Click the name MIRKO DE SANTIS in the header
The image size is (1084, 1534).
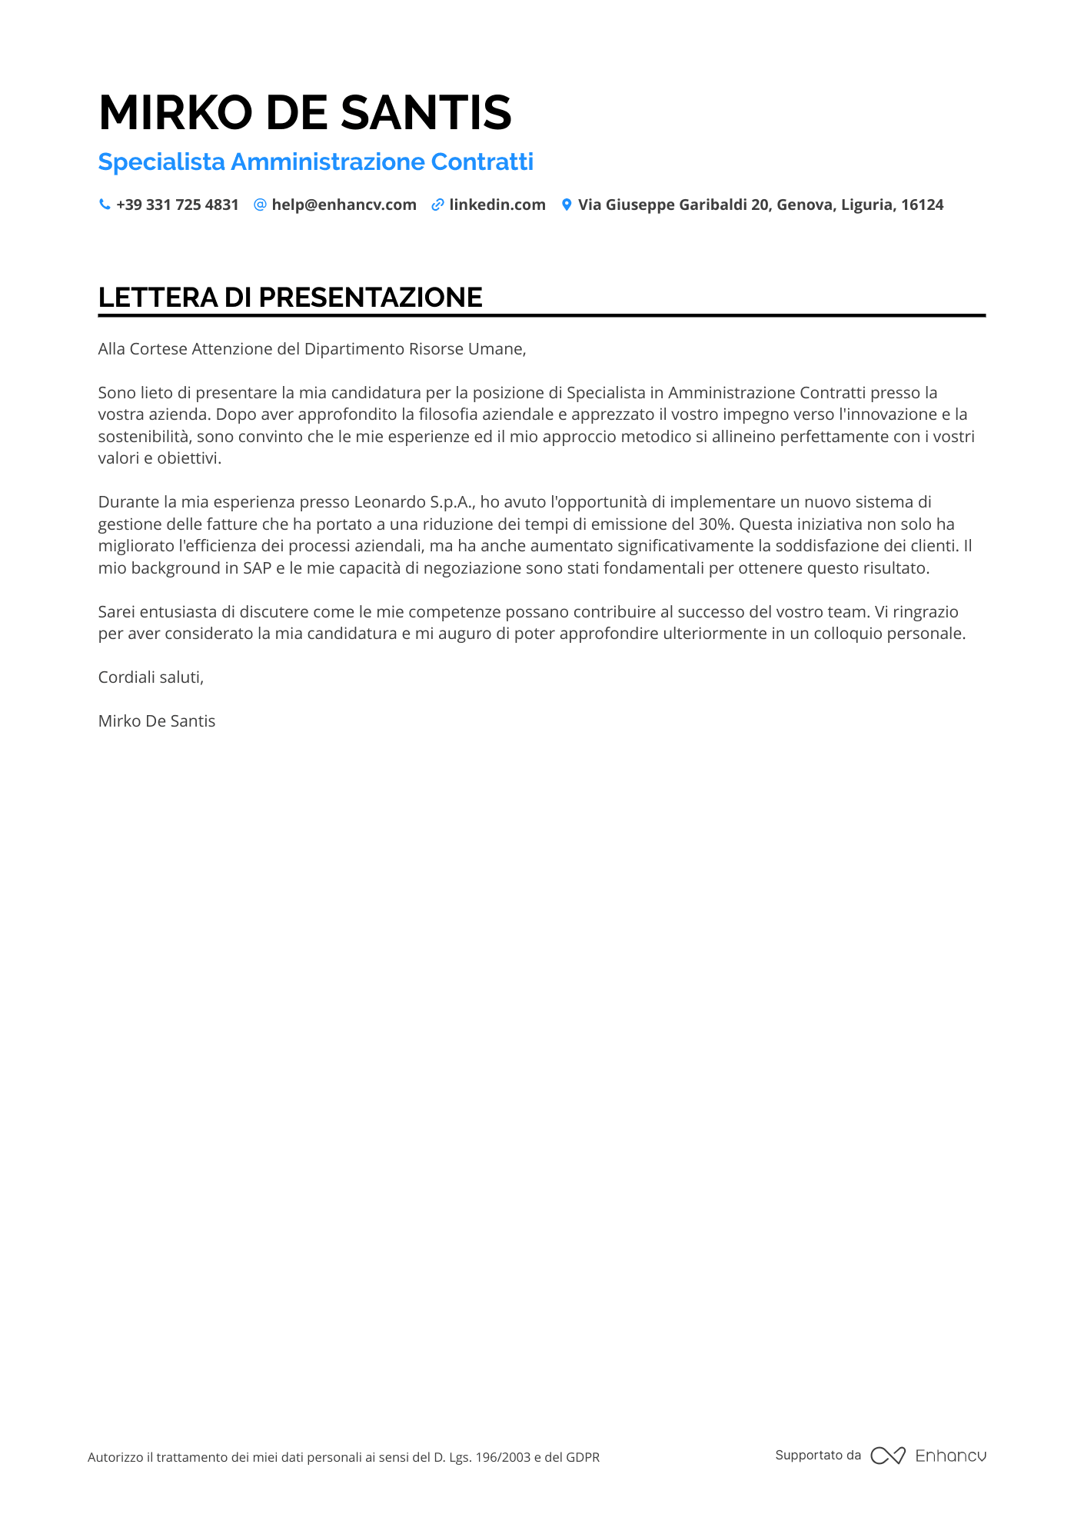click(304, 112)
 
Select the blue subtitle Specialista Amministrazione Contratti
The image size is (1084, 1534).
click(315, 162)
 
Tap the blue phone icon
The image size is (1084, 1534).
click(105, 205)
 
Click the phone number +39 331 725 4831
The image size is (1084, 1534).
click(177, 205)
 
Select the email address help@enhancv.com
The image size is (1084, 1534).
click(344, 205)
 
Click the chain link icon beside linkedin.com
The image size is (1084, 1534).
click(437, 205)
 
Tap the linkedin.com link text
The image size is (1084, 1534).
click(497, 205)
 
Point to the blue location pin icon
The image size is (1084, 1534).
click(567, 205)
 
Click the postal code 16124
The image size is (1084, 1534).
click(922, 205)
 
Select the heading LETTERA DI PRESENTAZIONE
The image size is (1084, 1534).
click(290, 298)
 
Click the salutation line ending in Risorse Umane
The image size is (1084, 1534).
click(311, 349)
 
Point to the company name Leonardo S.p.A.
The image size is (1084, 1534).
click(414, 502)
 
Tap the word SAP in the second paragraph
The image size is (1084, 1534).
click(257, 568)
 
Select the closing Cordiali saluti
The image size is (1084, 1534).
click(151, 677)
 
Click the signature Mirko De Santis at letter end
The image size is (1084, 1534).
click(157, 721)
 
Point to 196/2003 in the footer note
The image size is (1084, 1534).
click(503, 1457)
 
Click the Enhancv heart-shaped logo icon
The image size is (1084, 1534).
click(887, 1456)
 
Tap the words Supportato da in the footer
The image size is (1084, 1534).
click(817, 1456)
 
